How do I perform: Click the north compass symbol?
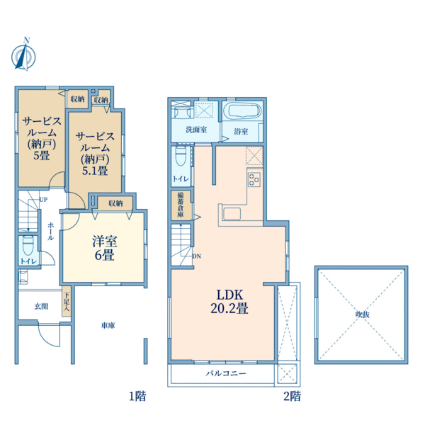pos(23,55)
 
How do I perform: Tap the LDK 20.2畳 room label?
pos(229,302)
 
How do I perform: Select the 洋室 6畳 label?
pos(105,248)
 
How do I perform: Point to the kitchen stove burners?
pos(254,179)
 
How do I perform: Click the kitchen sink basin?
pos(232,215)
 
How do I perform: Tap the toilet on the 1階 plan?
pos(28,245)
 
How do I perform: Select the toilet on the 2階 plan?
pos(181,156)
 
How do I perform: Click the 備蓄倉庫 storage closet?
pos(181,205)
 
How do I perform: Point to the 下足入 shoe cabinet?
pos(67,301)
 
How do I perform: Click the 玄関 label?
pos(41,307)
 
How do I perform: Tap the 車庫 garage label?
pos(108,325)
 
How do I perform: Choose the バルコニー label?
pos(226,373)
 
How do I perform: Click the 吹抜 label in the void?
pos(363,314)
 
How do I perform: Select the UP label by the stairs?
pos(43,200)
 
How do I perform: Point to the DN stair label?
pos(197,256)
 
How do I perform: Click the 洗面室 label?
pos(196,130)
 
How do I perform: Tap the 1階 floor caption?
pos(137,397)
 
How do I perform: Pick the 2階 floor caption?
pos(292,397)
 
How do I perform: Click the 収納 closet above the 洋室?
pos(115,203)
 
